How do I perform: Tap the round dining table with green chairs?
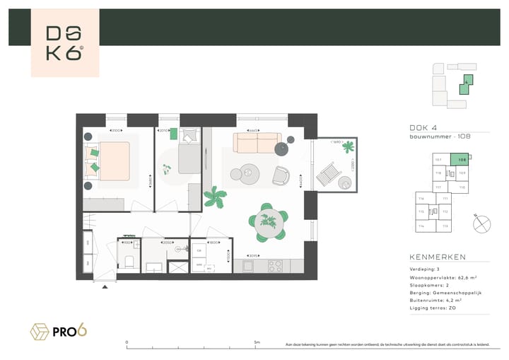(269, 221)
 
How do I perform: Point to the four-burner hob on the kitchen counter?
(274, 266)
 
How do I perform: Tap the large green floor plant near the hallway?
(212, 196)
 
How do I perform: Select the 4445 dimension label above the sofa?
(252, 131)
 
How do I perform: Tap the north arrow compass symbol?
(483, 223)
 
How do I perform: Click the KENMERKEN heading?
(438, 257)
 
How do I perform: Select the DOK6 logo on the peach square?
(64, 43)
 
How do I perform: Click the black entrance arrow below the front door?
(105, 286)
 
